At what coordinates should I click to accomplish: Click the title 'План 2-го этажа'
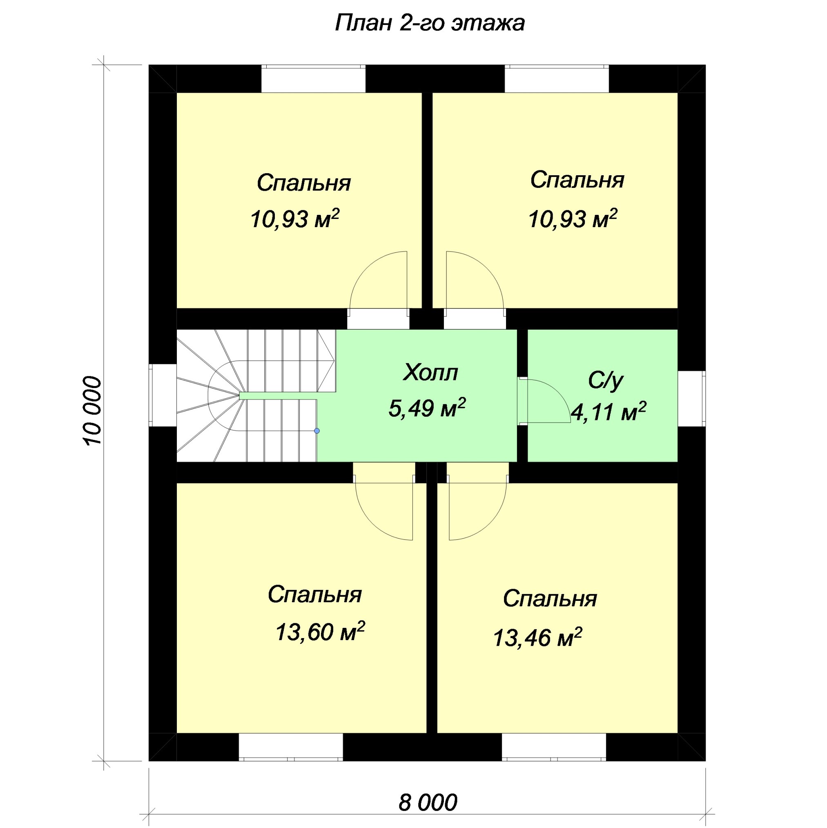point(429,23)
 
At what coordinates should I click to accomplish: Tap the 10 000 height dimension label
point(92,411)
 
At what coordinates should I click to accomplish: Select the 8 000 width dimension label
point(428,802)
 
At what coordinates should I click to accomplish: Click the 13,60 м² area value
point(320,631)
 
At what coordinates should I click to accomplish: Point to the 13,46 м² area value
point(537,637)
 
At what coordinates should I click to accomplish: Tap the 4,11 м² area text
point(608,411)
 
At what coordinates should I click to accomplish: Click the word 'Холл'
point(430,373)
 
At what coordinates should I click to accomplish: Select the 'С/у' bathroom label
point(605,380)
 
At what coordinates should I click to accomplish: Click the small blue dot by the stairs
point(317,431)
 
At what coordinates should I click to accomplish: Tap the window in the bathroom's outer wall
point(691,399)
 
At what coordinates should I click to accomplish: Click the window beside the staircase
point(163,395)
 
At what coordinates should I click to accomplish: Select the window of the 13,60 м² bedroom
point(290,747)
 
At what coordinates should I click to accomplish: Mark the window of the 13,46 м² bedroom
point(554,747)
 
